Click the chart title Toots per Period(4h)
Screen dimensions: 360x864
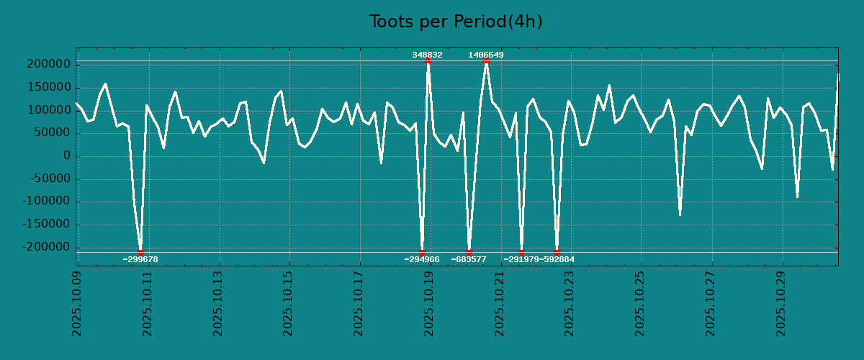456,22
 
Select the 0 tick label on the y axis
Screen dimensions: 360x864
67,156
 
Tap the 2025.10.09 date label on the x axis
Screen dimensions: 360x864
77,303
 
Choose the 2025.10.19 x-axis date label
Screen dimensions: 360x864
429,303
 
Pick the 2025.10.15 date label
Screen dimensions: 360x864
288,303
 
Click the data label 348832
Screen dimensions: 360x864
427,55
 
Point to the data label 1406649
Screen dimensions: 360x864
486,55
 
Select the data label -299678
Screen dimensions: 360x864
140,259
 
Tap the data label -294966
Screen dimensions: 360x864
422,259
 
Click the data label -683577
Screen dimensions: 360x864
469,259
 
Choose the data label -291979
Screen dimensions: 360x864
521,259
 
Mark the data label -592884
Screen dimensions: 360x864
558,259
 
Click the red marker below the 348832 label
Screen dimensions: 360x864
428,60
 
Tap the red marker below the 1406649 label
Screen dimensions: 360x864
486,60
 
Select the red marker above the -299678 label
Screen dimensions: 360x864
140,252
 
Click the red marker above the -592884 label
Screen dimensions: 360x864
557,252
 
